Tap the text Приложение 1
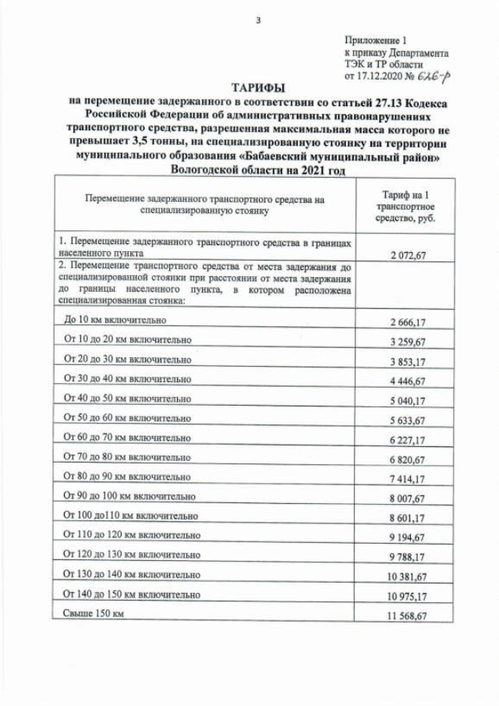click(374, 40)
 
